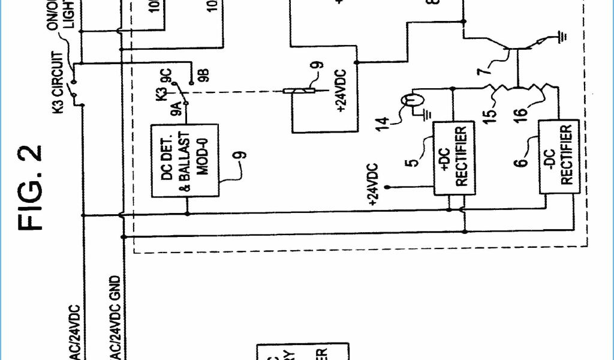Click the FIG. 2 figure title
coord(31,187)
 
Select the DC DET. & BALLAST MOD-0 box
coord(184,161)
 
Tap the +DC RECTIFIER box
coord(453,158)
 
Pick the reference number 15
coord(490,112)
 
